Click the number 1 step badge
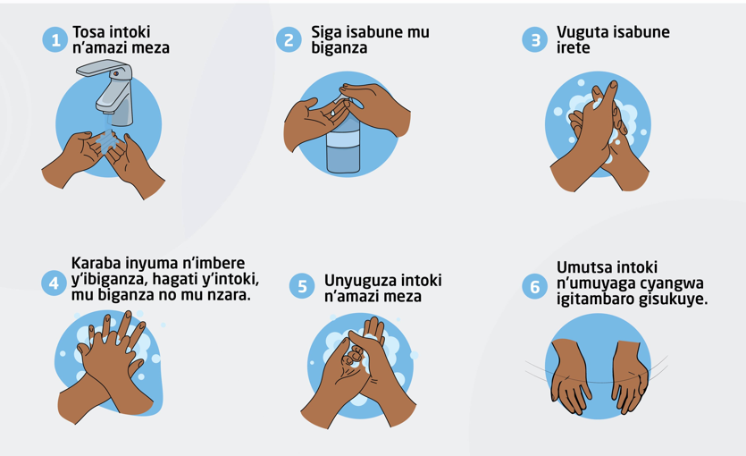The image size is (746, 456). click(54, 39)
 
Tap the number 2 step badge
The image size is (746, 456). click(289, 39)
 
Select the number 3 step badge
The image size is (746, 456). click(535, 39)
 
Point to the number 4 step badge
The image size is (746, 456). click(54, 283)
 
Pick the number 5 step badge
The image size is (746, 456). click(302, 286)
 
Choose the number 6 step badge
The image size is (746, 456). click(535, 286)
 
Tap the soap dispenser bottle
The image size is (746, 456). click(343, 138)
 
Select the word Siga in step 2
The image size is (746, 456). click(326, 32)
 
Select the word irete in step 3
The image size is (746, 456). click(574, 47)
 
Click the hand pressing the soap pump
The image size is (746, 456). click(377, 107)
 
